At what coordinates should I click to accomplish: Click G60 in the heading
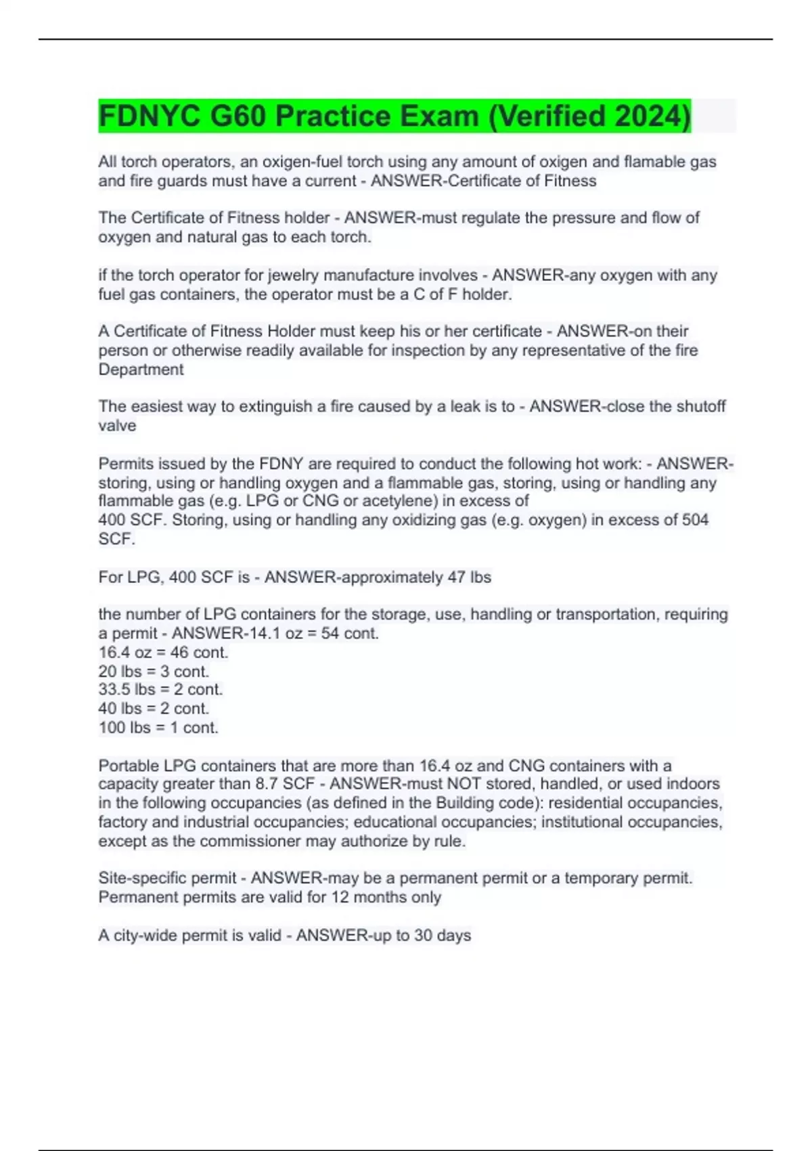coord(238,116)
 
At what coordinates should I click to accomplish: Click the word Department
coord(141,370)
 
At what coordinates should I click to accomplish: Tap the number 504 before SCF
coord(695,520)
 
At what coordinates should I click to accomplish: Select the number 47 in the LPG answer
coord(456,578)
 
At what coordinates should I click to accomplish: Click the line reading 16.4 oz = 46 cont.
coord(163,653)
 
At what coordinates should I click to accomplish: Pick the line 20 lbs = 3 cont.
coord(154,672)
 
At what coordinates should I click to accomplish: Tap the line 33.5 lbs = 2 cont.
coord(160,690)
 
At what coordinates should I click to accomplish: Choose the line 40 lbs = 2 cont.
coord(154,709)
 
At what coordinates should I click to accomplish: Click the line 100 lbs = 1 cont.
coord(158,728)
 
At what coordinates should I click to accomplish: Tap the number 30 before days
coord(423,936)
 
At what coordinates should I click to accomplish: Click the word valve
coord(117,426)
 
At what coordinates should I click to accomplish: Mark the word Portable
coord(129,766)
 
